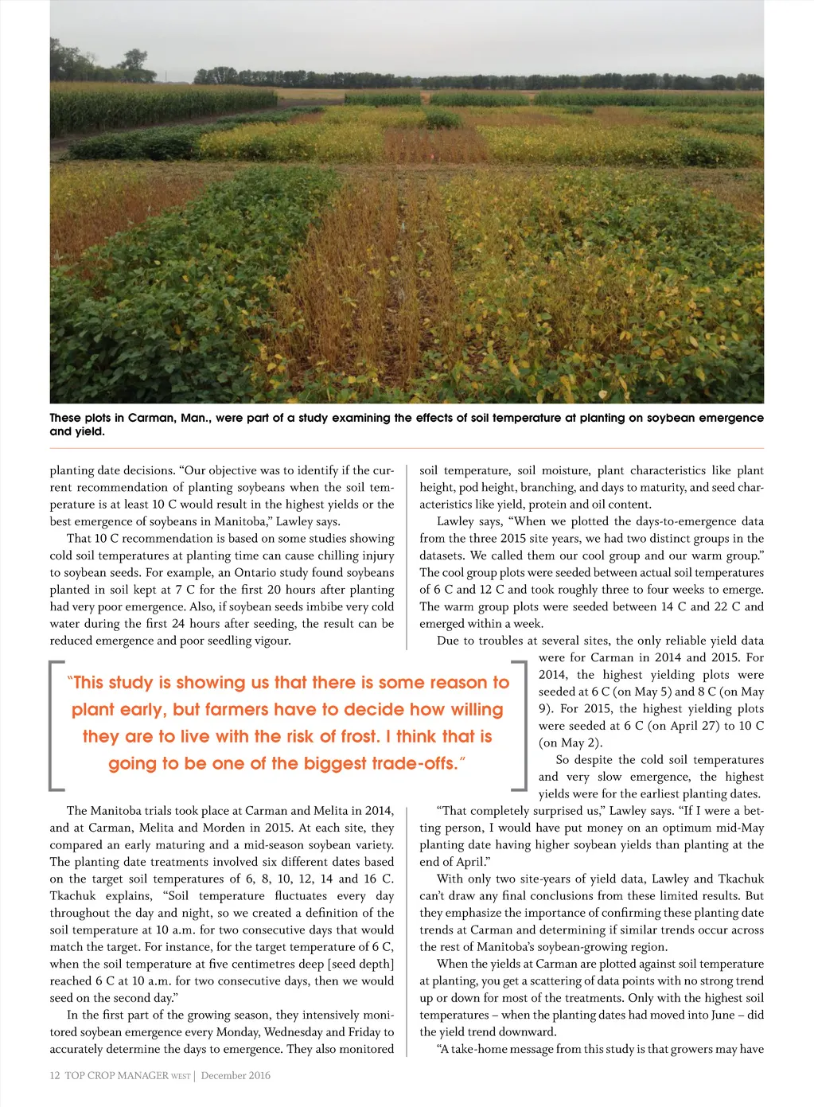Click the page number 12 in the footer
[x=55, y=1075]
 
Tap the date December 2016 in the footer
[x=236, y=1075]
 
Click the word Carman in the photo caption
[x=153, y=418]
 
